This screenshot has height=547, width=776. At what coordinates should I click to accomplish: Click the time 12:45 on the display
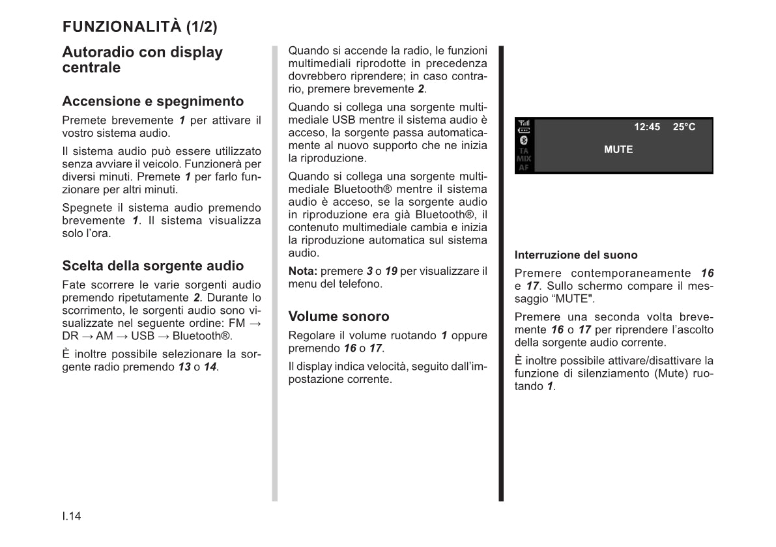tap(647, 127)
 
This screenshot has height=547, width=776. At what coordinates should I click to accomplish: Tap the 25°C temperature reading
tap(684, 127)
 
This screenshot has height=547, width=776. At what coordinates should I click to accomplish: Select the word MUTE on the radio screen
tap(618, 150)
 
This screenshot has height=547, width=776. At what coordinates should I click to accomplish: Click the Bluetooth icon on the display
tap(523, 140)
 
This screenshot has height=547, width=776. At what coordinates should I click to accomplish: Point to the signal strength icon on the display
tap(523, 122)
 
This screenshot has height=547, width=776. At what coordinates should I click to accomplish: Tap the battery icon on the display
tap(523, 130)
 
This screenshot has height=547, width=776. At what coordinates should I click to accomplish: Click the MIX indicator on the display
tap(523, 158)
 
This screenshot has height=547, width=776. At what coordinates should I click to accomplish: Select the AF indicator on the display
tap(523, 167)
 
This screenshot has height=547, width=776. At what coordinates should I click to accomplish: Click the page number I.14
tap(72, 516)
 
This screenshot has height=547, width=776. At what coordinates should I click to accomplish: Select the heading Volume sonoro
tap(339, 316)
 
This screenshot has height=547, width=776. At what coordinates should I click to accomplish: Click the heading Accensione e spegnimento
tap(152, 101)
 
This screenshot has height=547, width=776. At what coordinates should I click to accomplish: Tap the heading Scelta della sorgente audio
tap(152, 266)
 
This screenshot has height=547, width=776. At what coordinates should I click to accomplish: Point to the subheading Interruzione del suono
tap(576, 255)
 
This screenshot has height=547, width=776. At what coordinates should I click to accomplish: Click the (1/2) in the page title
tap(201, 27)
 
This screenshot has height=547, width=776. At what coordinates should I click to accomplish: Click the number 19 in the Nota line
tap(391, 271)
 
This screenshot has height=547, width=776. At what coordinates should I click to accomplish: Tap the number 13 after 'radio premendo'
tap(184, 367)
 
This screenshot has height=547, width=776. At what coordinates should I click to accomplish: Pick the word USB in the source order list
tap(143, 336)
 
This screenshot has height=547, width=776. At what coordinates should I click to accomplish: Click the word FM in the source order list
tap(237, 323)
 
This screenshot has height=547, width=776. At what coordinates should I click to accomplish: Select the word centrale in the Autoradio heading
tap(91, 68)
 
